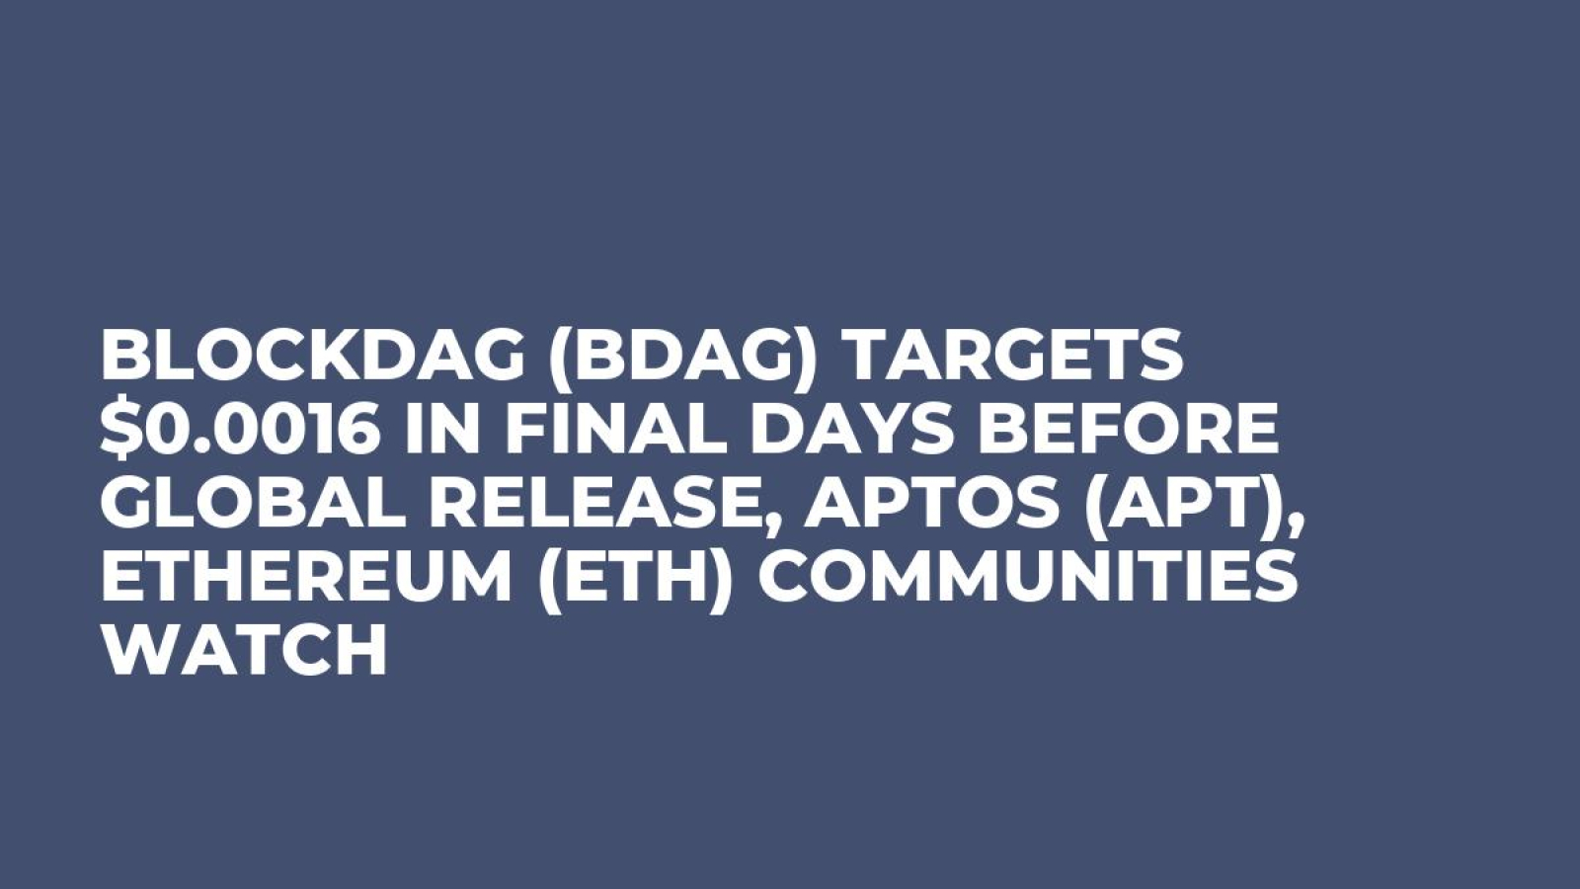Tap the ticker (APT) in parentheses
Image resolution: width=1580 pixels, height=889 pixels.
(1136, 505)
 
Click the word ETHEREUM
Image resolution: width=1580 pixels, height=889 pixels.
(305, 579)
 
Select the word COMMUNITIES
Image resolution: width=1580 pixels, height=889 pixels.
(1032, 579)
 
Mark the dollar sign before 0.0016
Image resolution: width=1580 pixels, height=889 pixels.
(117, 431)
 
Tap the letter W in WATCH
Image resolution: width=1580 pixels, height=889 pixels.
(133, 653)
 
